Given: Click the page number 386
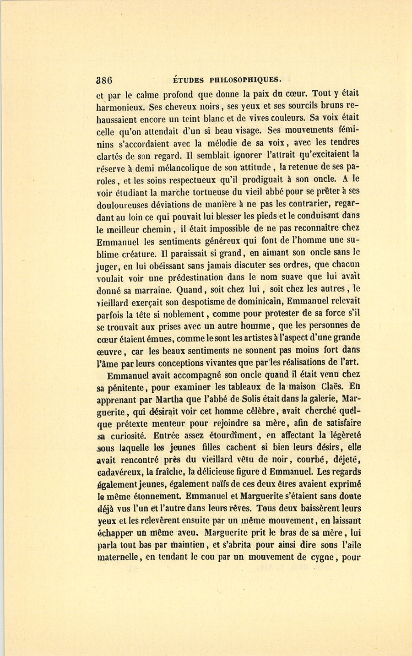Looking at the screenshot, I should coord(104,80).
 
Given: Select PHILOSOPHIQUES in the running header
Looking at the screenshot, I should coord(245,80).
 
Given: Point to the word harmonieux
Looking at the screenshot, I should coord(120,108).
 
